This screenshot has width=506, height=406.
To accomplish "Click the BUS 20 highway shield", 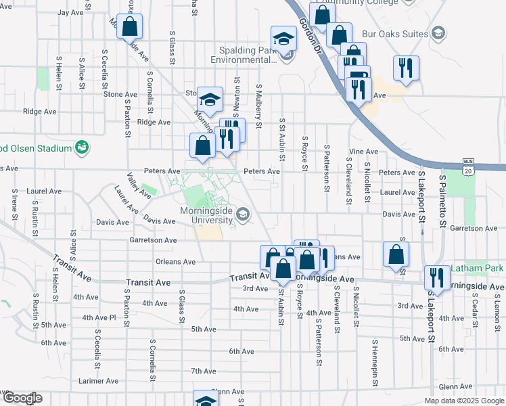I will click(x=467, y=164).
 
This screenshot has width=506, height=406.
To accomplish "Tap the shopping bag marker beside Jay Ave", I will click(x=131, y=27).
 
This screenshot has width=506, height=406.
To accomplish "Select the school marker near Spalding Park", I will click(x=284, y=38).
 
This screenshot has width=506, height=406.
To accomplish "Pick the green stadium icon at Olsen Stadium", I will click(x=82, y=147).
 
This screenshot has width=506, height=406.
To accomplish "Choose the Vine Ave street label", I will click(x=363, y=151).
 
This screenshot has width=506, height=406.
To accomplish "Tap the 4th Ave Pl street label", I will click(x=99, y=317).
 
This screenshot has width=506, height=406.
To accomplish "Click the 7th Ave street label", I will click(x=203, y=371).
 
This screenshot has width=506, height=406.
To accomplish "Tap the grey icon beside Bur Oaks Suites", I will click(x=438, y=33).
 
